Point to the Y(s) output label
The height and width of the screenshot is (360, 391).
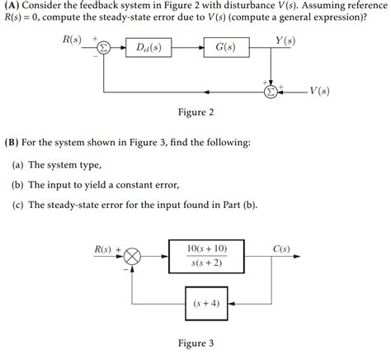(286, 40)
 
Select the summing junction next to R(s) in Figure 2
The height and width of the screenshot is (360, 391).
(104, 49)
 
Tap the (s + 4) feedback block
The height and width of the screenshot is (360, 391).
(206, 303)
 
